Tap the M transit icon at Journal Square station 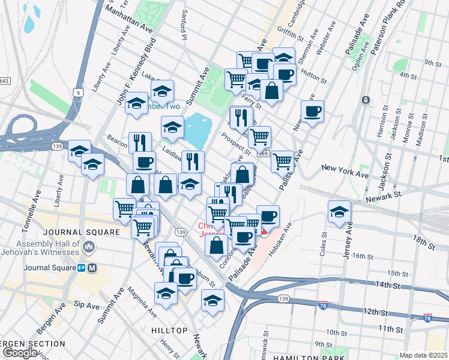(92, 268)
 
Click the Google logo (19, 353)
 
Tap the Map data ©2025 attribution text (424, 355)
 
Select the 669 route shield (264, 154)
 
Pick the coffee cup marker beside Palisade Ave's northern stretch (312, 112)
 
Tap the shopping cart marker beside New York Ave (282, 161)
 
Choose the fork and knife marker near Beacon (140, 143)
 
